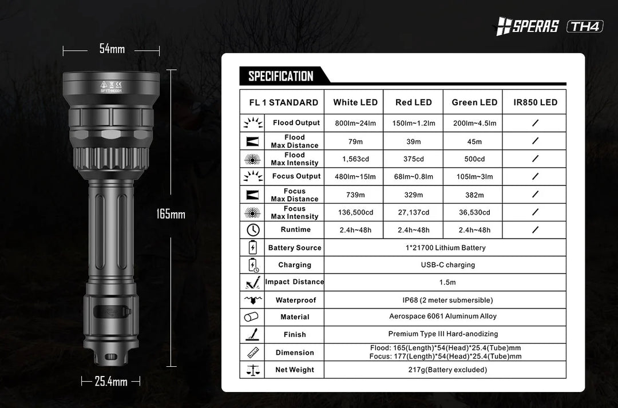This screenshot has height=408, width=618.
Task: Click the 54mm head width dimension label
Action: click(112, 49)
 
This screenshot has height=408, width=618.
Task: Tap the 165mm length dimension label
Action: click(171, 215)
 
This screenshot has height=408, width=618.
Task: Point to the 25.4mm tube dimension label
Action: click(110, 381)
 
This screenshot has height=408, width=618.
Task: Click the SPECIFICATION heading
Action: click(281, 77)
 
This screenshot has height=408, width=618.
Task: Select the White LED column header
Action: click(355, 103)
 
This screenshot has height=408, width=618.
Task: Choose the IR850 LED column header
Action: click(535, 103)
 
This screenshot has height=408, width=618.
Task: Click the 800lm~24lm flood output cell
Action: click(355, 123)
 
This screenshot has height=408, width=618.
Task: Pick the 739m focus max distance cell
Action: click(355, 195)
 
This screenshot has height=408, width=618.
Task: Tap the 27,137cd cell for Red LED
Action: click(414, 212)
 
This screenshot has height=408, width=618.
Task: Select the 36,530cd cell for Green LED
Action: click(474, 212)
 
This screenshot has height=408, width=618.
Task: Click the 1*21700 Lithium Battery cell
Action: click(445, 248)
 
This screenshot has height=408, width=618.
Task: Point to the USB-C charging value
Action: click(445, 265)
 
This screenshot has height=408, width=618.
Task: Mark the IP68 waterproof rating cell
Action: click(445, 300)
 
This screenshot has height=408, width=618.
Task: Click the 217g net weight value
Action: click(445, 370)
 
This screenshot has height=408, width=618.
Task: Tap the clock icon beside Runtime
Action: click(252, 230)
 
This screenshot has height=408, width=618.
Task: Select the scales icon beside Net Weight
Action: click(252, 370)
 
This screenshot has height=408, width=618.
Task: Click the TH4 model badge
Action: click(585, 26)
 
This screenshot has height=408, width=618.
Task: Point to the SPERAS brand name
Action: click(534, 26)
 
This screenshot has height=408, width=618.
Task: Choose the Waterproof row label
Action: click(295, 300)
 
